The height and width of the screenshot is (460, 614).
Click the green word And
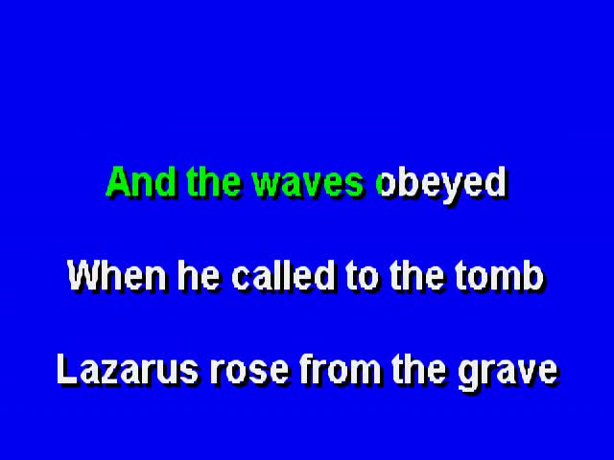141,182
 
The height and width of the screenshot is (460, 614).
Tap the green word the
213,182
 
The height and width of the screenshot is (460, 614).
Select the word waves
308,185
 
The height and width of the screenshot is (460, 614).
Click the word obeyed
441,185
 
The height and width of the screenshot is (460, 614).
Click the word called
284,275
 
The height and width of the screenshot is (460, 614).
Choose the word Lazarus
128,369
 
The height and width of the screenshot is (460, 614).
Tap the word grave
508,375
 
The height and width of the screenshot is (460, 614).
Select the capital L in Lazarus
68,369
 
